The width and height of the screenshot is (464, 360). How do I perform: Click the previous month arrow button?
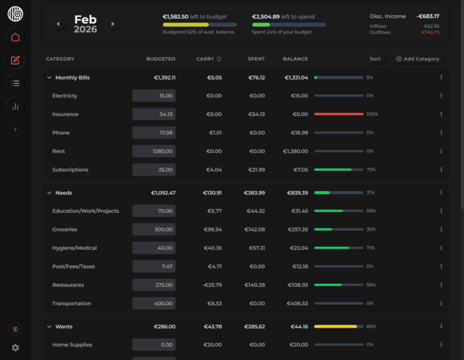(58, 24)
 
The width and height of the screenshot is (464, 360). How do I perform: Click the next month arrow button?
(113, 24)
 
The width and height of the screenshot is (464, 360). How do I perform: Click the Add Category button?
(418, 59)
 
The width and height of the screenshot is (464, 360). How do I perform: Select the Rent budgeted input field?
(154, 151)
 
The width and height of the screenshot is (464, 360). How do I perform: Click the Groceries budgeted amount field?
(154, 229)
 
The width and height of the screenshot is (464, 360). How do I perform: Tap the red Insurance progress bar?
(339, 114)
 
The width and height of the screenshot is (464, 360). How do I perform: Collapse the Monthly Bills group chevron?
(49, 78)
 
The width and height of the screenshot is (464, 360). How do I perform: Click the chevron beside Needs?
(49, 193)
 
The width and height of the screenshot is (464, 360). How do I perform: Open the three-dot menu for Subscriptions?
(441, 170)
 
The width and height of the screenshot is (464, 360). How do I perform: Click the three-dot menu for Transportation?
(441, 304)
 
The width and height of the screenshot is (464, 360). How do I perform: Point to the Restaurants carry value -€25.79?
(212, 285)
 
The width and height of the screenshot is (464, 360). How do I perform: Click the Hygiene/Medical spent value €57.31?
(256, 248)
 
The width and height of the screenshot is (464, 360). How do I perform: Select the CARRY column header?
(205, 59)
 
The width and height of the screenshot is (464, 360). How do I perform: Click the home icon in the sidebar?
(15, 37)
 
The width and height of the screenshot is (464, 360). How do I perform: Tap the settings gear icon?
(15, 347)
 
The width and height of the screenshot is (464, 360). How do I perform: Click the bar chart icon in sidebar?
(15, 106)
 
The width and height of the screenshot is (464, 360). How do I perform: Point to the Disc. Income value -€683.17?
(428, 16)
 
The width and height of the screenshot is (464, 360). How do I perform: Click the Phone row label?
(61, 133)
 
